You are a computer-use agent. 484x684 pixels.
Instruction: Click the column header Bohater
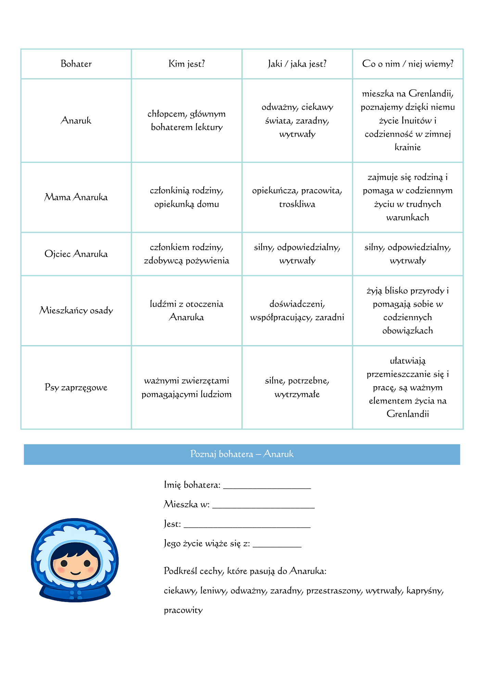pos(76,64)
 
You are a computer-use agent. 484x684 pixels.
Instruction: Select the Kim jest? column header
pos(187,64)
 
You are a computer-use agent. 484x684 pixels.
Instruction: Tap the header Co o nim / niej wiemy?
pos(407,64)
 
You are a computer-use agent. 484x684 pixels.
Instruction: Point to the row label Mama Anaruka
pos(76,197)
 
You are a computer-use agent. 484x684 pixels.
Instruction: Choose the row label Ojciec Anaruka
pos(76,254)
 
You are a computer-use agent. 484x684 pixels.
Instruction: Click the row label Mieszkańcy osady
pos(76,311)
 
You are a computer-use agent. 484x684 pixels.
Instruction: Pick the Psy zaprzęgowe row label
pos(76,387)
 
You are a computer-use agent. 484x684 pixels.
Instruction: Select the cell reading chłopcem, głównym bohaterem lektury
pos(187,120)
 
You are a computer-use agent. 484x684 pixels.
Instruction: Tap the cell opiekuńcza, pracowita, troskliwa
pos(297,197)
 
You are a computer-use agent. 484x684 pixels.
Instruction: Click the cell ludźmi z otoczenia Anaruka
pos(187,311)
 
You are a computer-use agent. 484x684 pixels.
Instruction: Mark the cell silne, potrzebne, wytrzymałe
pos(297,387)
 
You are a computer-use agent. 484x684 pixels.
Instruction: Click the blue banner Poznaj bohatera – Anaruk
pos(242,454)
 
